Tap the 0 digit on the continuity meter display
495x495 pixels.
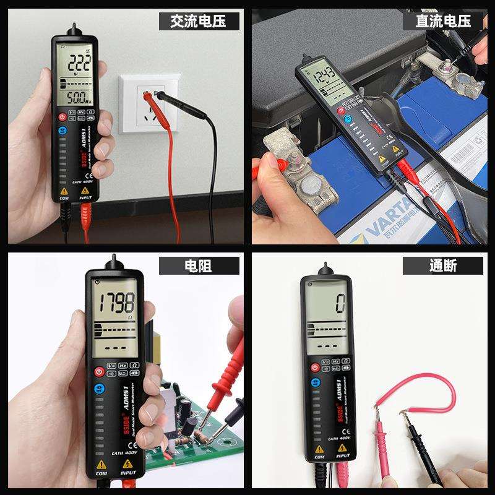tap(340, 304)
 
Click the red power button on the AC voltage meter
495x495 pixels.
tap(62, 116)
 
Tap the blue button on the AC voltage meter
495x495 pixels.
tap(62, 131)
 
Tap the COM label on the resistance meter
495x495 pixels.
tap(101, 473)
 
